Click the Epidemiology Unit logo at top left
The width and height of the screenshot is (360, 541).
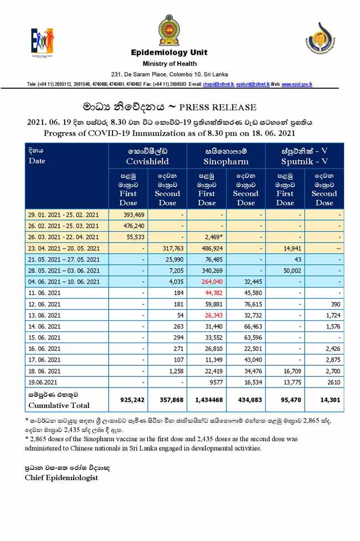click(42, 42)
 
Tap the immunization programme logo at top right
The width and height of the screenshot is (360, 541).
click(320, 39)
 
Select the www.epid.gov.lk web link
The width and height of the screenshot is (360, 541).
click(297, 84)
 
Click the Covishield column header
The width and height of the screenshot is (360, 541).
click(147, 156)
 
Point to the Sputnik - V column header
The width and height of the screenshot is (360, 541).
click(304, 156)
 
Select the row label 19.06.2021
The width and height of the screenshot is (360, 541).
click(46, 382)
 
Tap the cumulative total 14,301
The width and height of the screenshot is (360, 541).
click(326, 400)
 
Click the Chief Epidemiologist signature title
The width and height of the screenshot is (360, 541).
click(61, 478)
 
